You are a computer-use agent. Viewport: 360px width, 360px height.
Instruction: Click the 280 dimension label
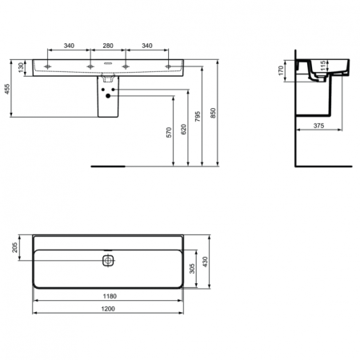[x=109, y=46]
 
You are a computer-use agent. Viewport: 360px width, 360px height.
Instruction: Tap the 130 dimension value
[x=22, y=70]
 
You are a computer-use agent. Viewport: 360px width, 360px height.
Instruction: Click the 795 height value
[x=200, y=120]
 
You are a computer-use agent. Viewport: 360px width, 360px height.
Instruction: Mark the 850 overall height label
[x=214, y=114]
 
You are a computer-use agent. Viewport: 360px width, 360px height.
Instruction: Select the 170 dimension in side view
[x=282, y=70]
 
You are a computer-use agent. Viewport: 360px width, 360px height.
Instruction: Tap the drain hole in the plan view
[x=109, y=260]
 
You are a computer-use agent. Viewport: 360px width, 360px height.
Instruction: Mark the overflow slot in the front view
[x=109, y=67]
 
